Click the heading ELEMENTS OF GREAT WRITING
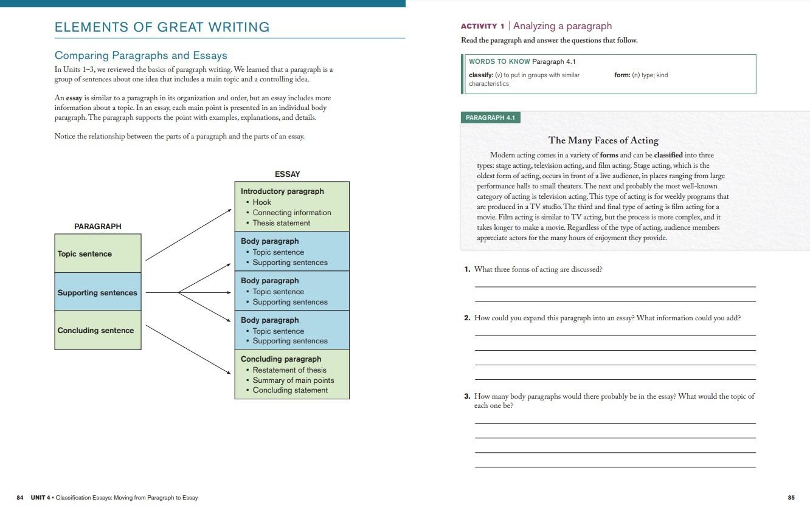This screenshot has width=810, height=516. [x=162, y=27]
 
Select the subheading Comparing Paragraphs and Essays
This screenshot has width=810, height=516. [x=140, y=55]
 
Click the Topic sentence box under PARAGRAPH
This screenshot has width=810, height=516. [x=97, y=253]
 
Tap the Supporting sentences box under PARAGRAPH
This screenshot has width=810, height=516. [x=97, y=292]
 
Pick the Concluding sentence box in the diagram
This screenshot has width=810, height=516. [x=97, y=331]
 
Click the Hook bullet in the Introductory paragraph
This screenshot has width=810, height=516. [x=261, y=202]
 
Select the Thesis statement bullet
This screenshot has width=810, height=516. [x=281, y=223]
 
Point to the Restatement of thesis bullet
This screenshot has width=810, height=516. [x=289, y=370]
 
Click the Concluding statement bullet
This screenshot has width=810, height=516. [x=289, y=390]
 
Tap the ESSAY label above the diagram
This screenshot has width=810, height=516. [x=287, y=174]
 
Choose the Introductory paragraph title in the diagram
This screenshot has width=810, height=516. [x=282, y=191]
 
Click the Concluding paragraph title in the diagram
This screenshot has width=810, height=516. [x=281, y=359]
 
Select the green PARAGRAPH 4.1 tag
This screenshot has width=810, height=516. [x=490, y=117]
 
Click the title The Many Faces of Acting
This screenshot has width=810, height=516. [x=603, y=140]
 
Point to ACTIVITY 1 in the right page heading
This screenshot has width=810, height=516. [x=483, y=26]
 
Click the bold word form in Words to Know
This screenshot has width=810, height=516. [x=621, y=75]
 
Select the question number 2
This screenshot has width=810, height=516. [x=467, y=318]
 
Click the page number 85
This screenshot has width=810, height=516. [x=791, y=498]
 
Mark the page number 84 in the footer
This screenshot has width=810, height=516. [x=20, y=498]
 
